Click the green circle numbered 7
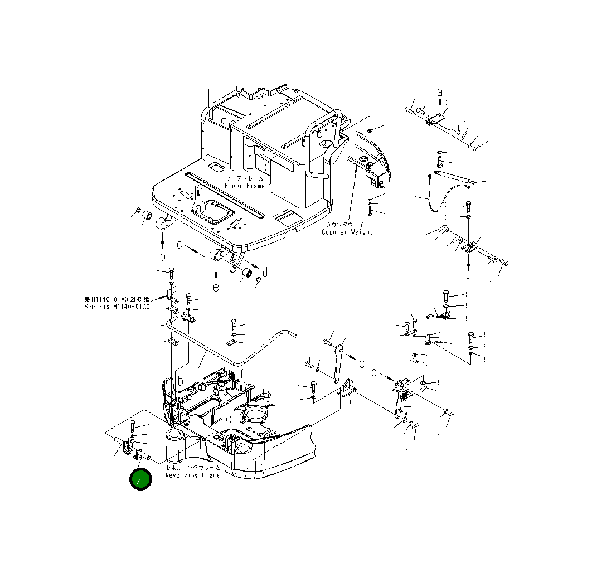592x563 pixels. [140, 479]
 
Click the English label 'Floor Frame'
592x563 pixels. [245, 186]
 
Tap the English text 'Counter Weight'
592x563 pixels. [347, 232]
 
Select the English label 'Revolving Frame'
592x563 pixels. [193, 475]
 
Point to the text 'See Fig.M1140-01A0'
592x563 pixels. [117, 307]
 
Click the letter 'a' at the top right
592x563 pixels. [440, 92]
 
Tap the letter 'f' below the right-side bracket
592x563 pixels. [468, 279]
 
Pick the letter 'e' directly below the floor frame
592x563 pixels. [216, 288]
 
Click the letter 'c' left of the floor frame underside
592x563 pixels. [179, 245]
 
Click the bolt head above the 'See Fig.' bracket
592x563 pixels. [171, 272]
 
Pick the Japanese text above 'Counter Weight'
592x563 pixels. [347, 225]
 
